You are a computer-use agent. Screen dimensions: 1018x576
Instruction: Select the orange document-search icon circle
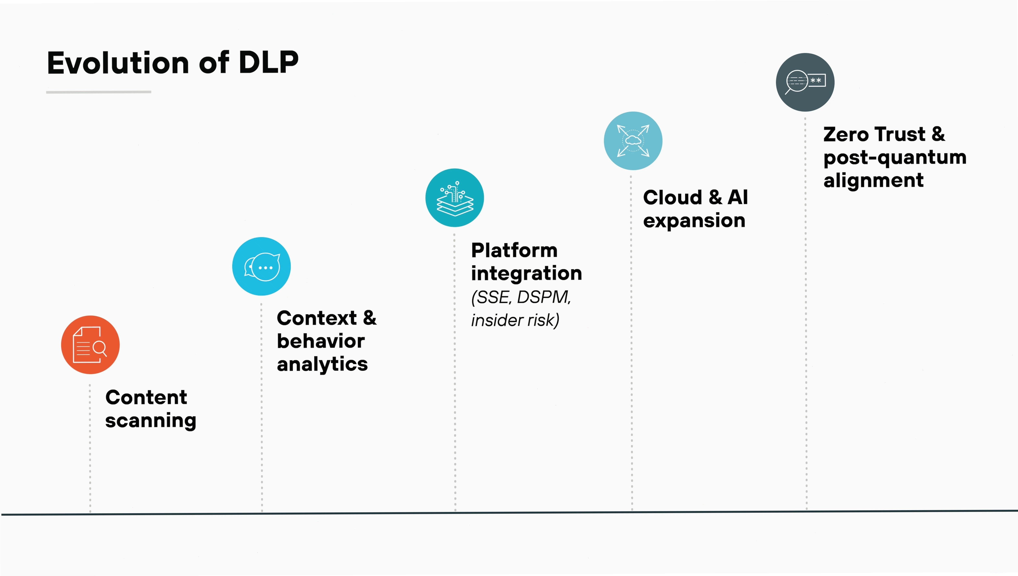pos(90,345)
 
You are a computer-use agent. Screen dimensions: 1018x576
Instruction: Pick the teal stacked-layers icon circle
pos(455,198)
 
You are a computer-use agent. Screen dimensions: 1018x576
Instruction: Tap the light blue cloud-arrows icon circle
pos(633,141)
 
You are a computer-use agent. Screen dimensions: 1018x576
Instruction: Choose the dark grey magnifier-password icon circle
pos(805,82)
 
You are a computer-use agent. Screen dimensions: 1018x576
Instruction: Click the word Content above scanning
pos(146,397)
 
